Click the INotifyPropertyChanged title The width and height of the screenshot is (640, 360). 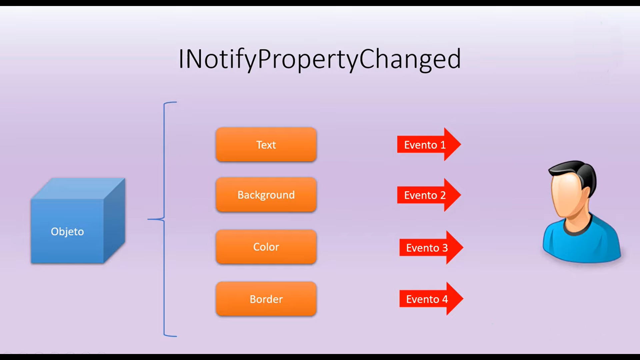pyautogui.click(x=320, y=59)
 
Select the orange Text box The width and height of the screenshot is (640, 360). pyautogui.click(x=266, y=145)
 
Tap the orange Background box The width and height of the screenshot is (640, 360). pyautogui.click(x=266, y=195)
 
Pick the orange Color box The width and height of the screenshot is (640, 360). pyautogui.click(x=266, y=247)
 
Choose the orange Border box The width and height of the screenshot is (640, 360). pyautogui.click(x=266, y=299)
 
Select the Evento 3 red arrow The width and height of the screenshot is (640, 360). pyautogui.click(x=431, y=248)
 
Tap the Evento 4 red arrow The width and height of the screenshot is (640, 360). pyautogui.click(x=431, y=299)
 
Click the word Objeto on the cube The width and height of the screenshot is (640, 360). pyautogui.click(x=67, y=232)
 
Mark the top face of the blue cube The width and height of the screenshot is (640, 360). pyautogui.click(x=78, y=189)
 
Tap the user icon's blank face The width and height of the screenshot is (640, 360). pyautogui.click(x=568, y=197)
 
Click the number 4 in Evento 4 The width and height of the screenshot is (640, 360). pyautogui.click(x=445, y=299)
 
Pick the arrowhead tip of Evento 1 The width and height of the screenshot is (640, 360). pyautogui.click(x=461, y=144)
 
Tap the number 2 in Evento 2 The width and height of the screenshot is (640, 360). pyautogui.click(x=443, y=195)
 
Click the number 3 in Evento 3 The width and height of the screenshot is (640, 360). pyautogui.click(x=445, y=248)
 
